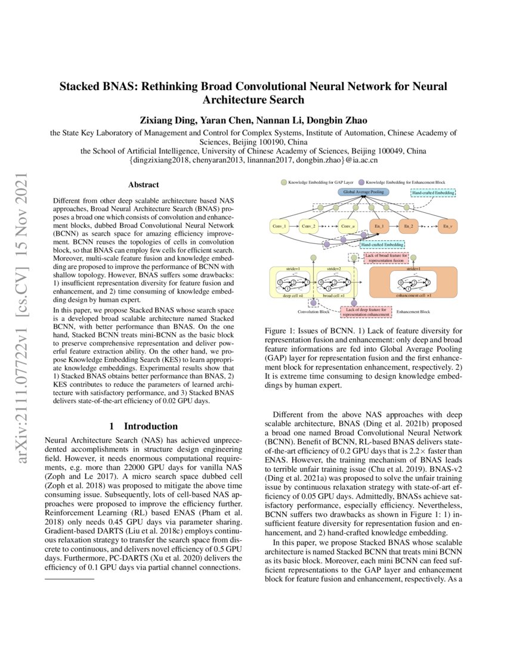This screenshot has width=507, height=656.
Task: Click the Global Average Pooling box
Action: tap(363, 192)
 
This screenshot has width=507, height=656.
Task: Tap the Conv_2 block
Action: tap(309, 227)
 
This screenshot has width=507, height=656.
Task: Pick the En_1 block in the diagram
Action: tap(378, 227)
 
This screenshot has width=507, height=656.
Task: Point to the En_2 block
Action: tap(409, 227)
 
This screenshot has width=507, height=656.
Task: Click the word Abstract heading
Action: tap(143, 185)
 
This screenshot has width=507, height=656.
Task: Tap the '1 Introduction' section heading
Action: tap(143, 426)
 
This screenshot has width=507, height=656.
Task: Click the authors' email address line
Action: tap(253, 160)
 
